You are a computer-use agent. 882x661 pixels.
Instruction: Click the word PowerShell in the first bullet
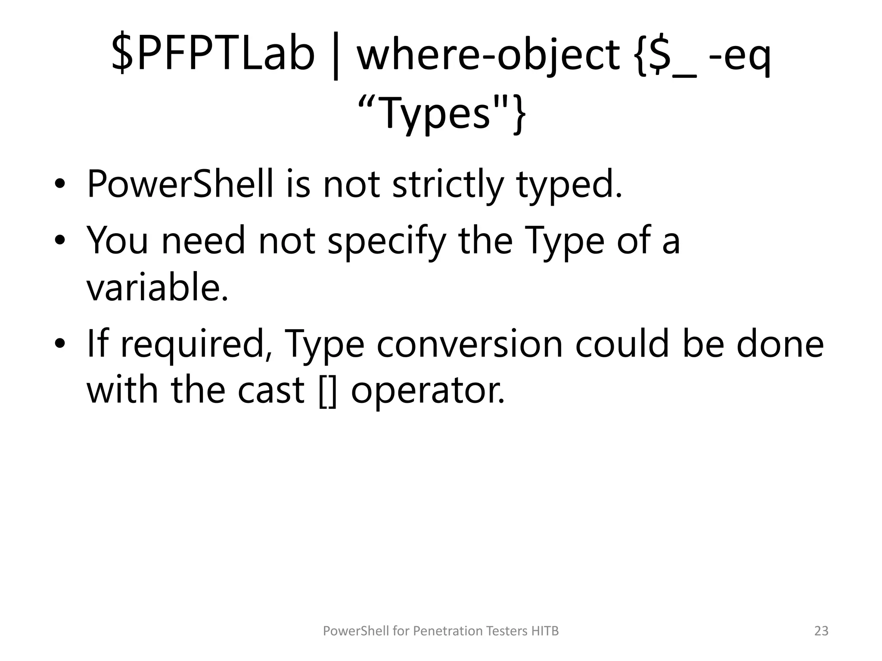coord(180,184)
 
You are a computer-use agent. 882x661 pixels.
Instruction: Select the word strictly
coord(448,184)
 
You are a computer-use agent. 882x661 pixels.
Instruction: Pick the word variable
coord(157,287)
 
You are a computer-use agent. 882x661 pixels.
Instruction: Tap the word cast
coord(271,390)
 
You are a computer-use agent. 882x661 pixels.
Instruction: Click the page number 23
coord(821,631)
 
